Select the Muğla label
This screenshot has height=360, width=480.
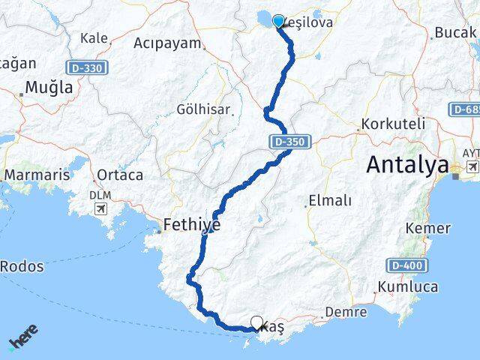[49, 88]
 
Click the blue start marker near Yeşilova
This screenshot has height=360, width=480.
[279, 22]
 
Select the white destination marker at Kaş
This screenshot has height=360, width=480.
[256, 323]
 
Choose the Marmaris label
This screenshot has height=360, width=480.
[37, 175]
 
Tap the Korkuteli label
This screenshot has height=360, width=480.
[392, 123]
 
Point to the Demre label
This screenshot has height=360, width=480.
[346, 312]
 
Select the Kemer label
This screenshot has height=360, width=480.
[427, 228]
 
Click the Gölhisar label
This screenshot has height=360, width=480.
[203, 109]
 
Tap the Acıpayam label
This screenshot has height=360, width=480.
[167, 43]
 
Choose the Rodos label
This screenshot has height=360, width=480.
[22, 265]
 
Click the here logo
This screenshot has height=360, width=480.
[23, 337]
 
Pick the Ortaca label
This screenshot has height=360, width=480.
[119, 175]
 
